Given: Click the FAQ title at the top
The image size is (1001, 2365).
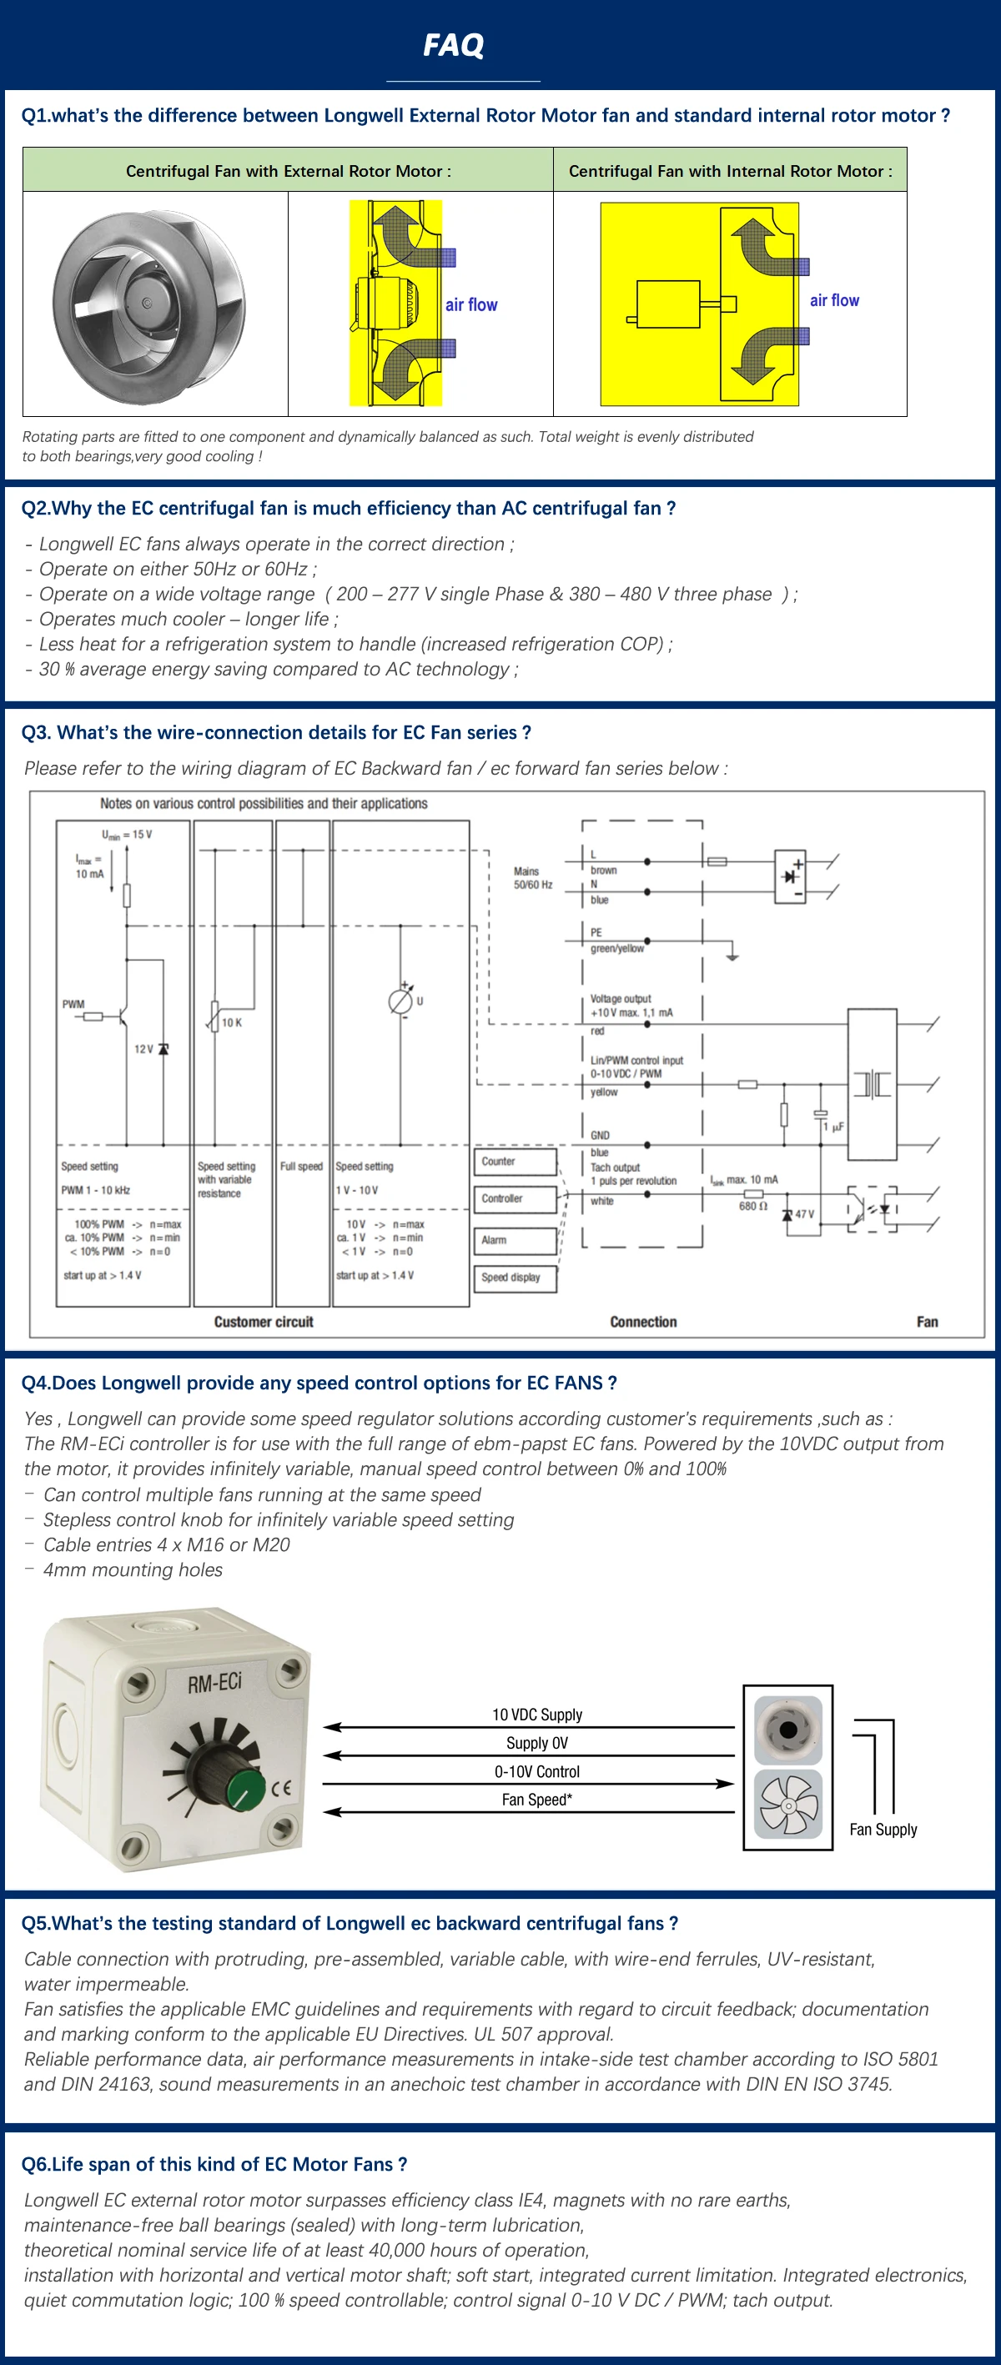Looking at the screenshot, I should [x=453, y=45].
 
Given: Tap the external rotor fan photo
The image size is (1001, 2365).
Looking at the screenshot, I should [x=148, y=306].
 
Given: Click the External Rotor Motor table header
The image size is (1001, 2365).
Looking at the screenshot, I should [x=288, y=171].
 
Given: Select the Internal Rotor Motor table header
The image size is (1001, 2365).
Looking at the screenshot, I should [x=729, y=171].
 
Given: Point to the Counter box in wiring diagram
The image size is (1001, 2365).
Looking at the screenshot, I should [x=515, y=1162].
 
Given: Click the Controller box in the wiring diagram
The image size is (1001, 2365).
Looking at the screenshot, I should [x=515, y=1198].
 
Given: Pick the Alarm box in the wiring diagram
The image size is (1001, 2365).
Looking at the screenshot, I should [x=515, y=1239].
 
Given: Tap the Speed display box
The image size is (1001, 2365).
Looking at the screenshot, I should [x=515, y=1277].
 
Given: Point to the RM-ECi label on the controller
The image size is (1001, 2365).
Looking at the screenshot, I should [x=214, y=1683].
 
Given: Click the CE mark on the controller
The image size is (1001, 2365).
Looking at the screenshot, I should [x=282, y=1788].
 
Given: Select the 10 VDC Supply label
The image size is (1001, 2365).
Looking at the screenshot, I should [x=536, y=1714].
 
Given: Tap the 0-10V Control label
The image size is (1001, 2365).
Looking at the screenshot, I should [x=536, y=1771].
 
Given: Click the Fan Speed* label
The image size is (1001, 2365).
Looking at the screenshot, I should [x=536, y=1800].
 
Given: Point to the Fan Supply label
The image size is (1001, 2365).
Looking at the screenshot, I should [x=883, y=1829].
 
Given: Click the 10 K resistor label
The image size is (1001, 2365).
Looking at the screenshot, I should [x=231, y=1022].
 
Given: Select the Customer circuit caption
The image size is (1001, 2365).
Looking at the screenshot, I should [x=264, y=1321].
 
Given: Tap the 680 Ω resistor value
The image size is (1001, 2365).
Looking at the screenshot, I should [x=753, y=1206].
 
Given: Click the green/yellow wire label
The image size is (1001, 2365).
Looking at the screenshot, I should [x=616, y=948].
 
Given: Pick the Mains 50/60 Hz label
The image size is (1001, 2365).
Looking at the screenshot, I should [x=533, y=877].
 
